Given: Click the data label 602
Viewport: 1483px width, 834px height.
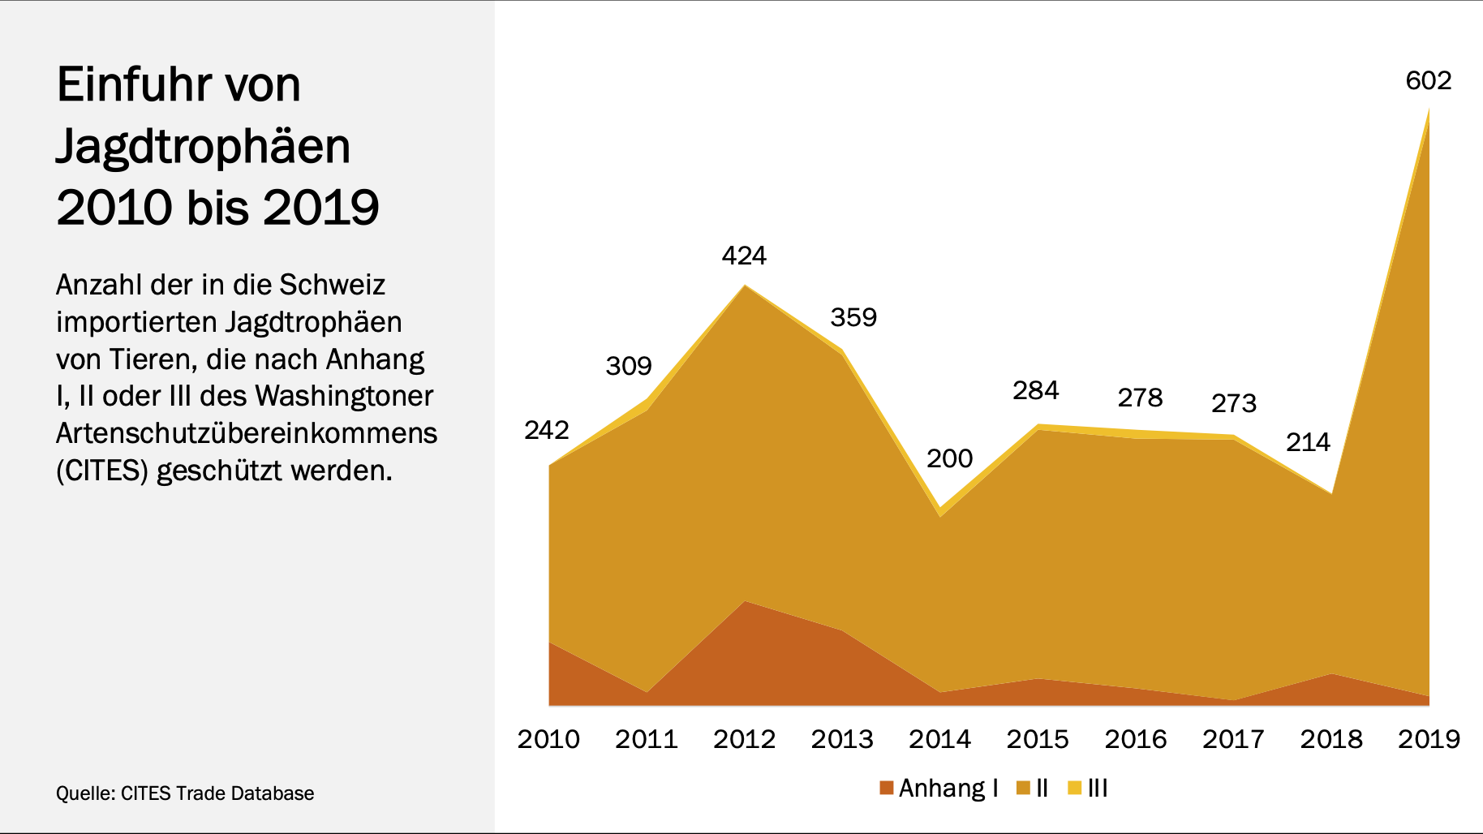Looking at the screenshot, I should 1428,81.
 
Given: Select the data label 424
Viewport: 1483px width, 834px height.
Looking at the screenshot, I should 744,256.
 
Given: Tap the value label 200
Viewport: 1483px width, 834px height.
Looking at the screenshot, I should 949,459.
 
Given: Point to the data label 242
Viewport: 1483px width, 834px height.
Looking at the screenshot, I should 546,430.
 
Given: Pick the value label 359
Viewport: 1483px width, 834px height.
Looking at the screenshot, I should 853,317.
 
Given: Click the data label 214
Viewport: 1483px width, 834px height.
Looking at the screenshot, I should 1308,443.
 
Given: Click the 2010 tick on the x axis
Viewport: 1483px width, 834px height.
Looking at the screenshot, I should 548,739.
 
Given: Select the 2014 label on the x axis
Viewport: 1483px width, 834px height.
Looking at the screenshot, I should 939,739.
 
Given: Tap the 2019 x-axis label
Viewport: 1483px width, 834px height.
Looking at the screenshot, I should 1429,739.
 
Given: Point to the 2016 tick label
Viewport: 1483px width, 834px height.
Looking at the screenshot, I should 1135,739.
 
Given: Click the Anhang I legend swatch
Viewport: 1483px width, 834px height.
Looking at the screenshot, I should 887,788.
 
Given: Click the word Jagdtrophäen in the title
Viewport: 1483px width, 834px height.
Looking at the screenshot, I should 203,147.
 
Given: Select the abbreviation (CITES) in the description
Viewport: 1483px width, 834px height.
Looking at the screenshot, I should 101,471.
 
